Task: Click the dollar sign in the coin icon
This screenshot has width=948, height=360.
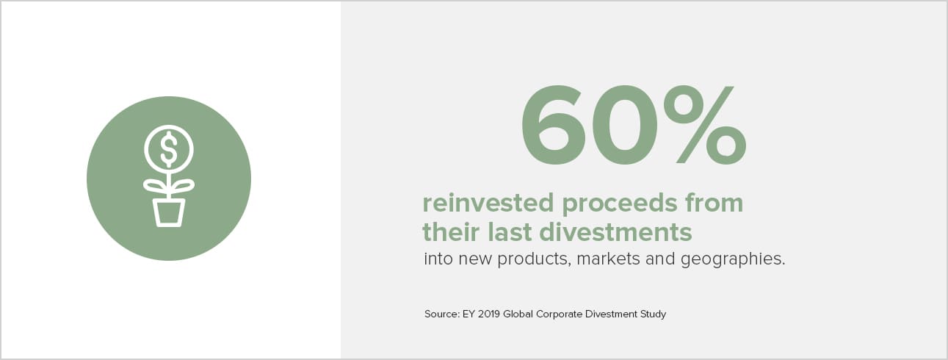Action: click(169, 149)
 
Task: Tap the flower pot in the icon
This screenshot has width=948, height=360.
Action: click(169, 212)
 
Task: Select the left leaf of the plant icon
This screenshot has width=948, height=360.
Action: click(155, 186)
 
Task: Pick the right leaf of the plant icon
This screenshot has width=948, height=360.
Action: click(183, 186)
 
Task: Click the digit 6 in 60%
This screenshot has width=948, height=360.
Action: click(553, 124)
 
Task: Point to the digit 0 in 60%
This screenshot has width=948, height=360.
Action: click(624, 124)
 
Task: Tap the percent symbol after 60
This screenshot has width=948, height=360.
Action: click(705, 124)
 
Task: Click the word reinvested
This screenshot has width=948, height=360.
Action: click(488, 203)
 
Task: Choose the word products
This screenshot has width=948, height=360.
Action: click(534, 259)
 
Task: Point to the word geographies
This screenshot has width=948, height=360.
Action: click(733, 259)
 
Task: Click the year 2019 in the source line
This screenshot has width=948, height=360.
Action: click(489, 314)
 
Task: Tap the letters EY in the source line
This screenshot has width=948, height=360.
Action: click(468, 314)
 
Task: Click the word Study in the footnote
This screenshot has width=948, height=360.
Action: click(653, 314)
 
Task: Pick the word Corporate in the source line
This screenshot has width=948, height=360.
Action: click(559, 314)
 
